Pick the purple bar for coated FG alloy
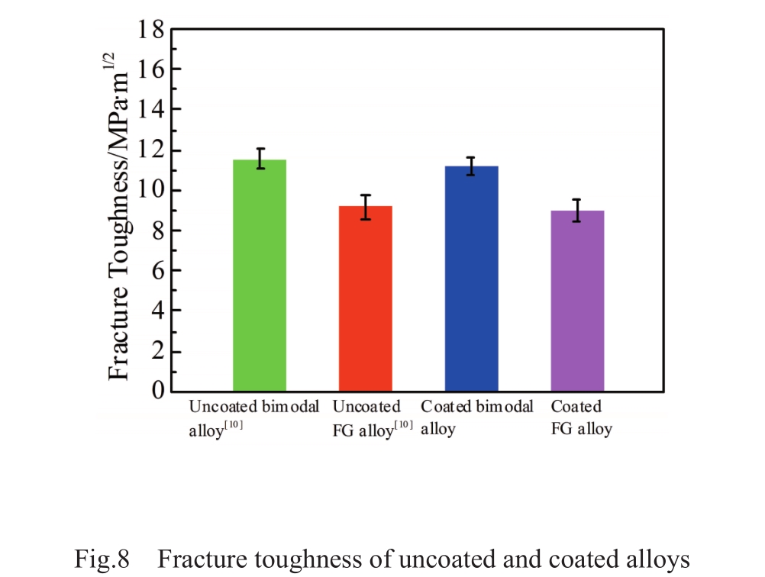577,300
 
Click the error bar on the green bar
260,158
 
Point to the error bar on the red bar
366,207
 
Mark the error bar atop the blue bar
471,166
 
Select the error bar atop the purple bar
577,210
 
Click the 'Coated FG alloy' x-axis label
581,417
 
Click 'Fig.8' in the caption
106,560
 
